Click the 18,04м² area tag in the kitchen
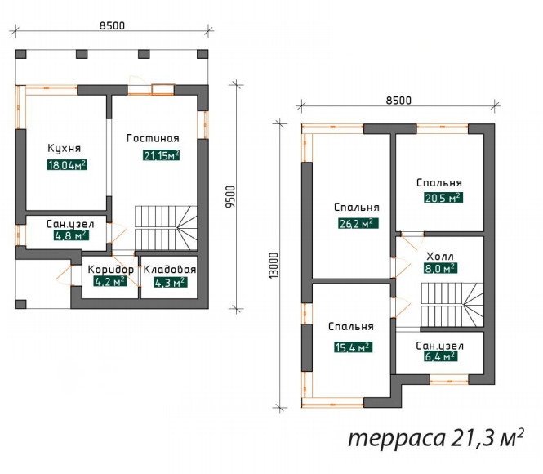67,165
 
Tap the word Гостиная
153,138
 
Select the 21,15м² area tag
161,155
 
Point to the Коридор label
110,270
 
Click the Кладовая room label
170,270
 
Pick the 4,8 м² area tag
71,235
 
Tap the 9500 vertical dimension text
230,197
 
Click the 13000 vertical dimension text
274,265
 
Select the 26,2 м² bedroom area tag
358,223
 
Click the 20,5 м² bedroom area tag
443,198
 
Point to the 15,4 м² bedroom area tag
354,347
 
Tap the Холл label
440,257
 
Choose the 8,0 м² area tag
440,269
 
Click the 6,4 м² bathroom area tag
440,356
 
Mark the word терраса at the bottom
396,438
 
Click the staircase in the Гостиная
166,228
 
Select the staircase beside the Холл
452,305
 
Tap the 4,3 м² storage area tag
171,283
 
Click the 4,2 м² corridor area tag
110,282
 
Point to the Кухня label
64,148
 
